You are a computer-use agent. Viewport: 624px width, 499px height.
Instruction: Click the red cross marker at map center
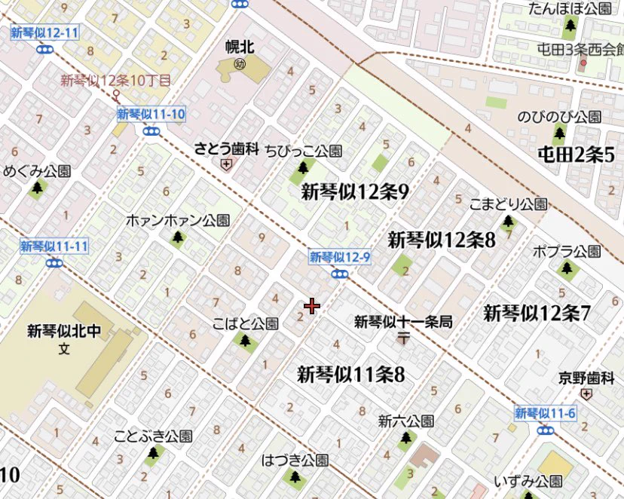click(312, 306)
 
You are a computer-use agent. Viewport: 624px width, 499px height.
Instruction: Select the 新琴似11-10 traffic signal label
click(151, 115)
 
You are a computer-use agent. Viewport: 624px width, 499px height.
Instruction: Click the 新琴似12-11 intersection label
click(45, 33)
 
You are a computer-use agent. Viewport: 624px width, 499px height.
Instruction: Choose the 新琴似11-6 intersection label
click(546, 413)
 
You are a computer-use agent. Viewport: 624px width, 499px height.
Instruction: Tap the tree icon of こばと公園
click(245, 341)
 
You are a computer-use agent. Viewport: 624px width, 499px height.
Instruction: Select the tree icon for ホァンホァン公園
click(177, 237)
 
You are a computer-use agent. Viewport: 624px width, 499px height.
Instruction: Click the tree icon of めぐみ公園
click(37, 187)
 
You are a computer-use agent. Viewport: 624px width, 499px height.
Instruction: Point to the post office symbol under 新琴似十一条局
click(403, 338)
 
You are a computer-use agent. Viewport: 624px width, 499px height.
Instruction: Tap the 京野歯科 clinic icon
click(587, 393)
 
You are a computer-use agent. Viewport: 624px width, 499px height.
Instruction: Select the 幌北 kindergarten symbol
click(240, 63)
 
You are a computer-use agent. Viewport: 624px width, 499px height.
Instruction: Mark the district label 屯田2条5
click(577, 155)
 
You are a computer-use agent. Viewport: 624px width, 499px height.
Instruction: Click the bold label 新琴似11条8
click(350, 373)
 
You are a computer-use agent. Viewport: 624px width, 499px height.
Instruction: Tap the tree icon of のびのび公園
click(558, 134)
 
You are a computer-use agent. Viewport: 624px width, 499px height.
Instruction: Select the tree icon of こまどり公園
click(508, 222)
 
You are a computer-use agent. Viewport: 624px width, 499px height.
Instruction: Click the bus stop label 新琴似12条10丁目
click(116, 80)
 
